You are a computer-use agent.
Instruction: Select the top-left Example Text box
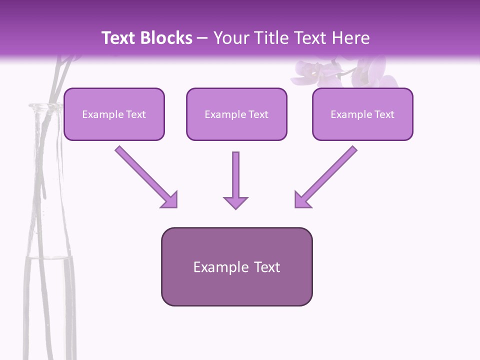pos(114,114)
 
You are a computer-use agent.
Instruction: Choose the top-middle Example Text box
pos(236,114)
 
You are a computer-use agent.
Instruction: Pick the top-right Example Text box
pos(362,114)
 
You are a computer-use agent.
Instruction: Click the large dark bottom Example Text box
pos(236,267)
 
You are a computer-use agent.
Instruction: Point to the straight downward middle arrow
pos(235,175)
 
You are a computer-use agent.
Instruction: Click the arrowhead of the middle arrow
pos(235,202)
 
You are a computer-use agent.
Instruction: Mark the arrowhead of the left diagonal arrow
pos(170,199)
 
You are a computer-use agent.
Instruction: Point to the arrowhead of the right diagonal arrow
pos(302,199)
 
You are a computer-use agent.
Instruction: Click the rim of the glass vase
pos(45,106)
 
